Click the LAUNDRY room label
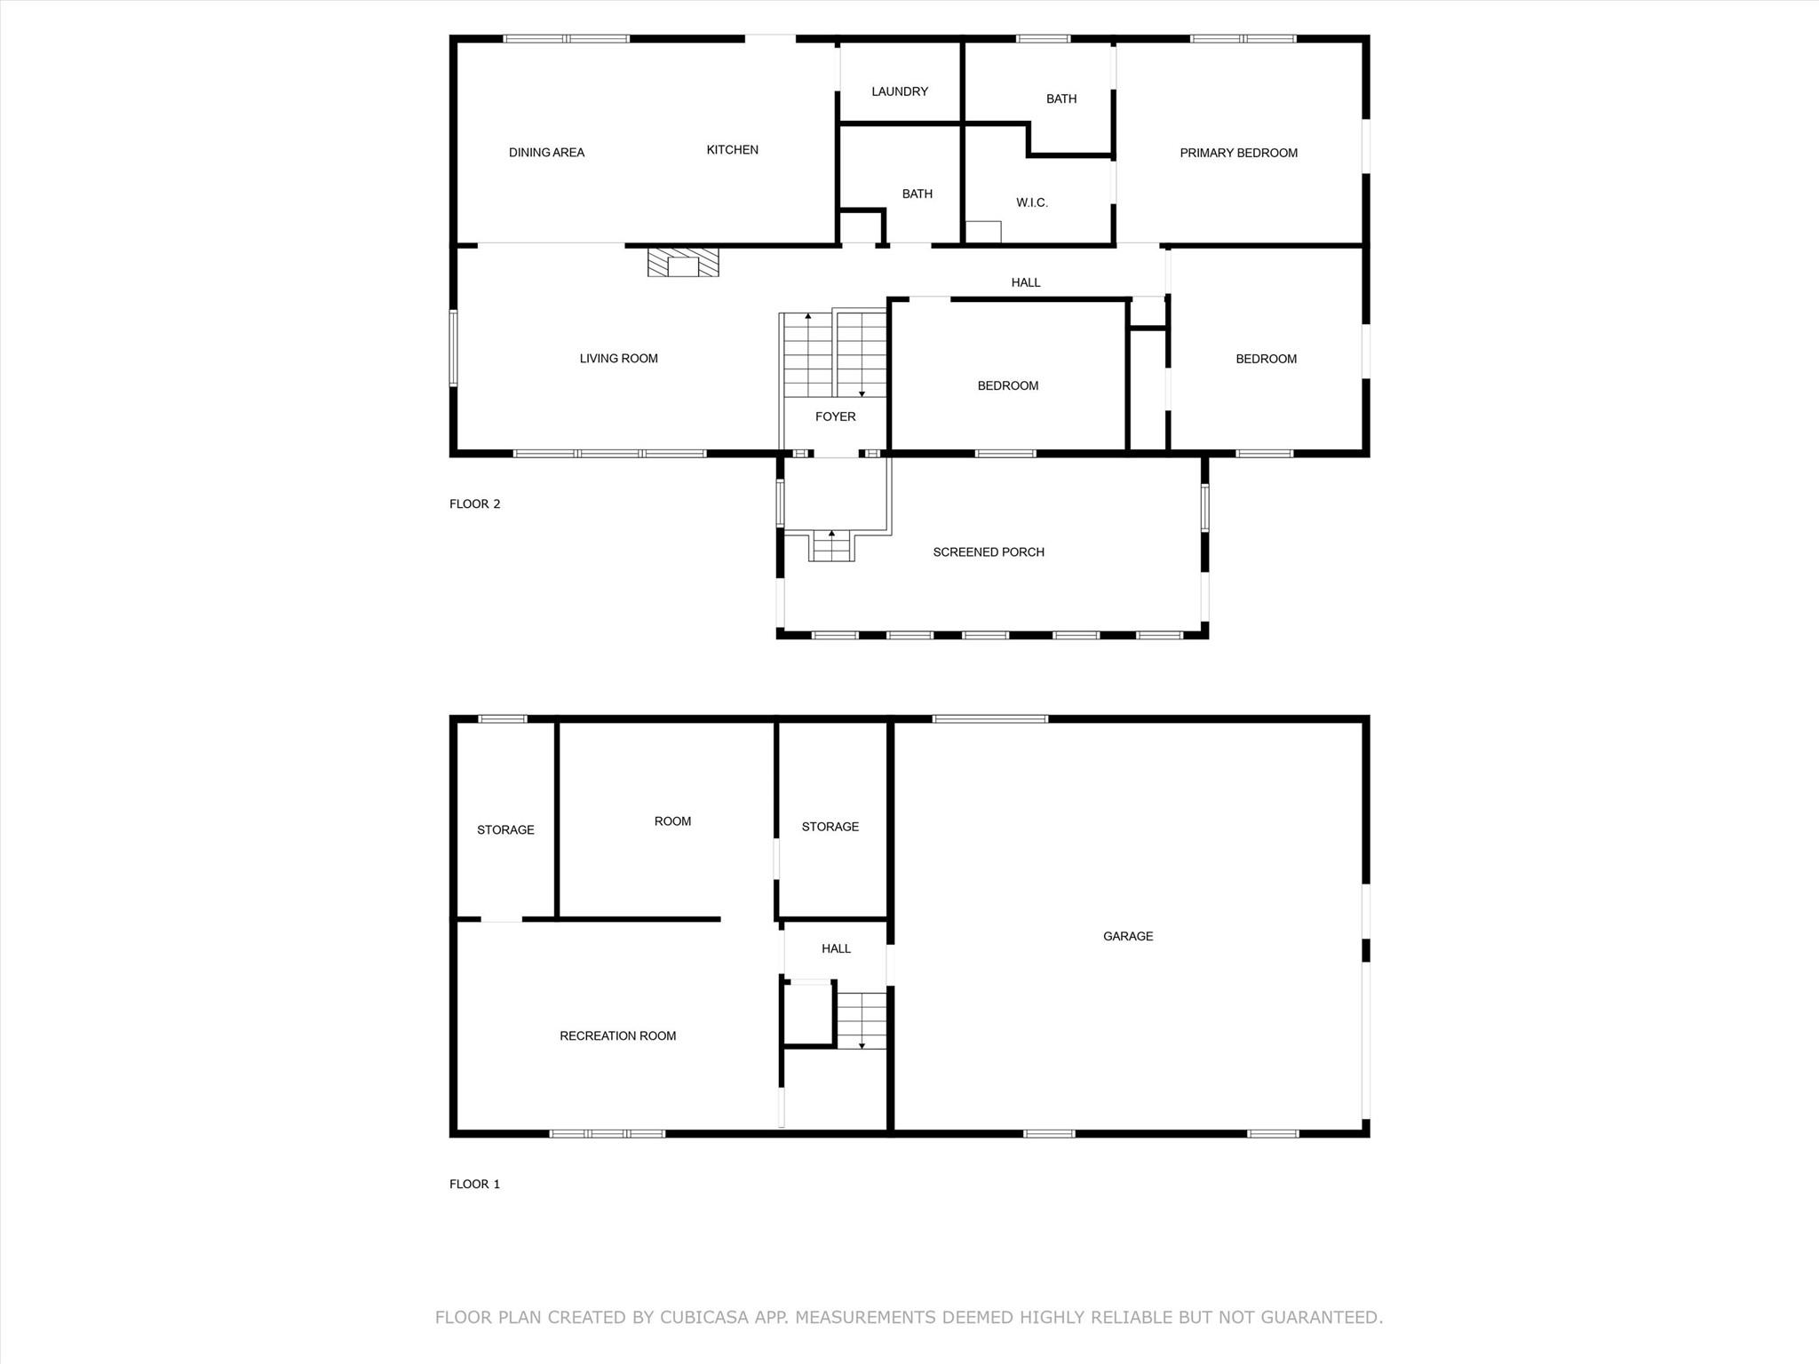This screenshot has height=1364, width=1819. point(899,91)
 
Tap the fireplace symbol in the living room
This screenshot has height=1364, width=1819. point(683,263)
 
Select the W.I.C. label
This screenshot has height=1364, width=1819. point(1031,202)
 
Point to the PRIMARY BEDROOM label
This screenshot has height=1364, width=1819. point(1238,153)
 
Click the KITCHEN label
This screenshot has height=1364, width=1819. point(732,150)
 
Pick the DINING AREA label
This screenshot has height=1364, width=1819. point(546,153)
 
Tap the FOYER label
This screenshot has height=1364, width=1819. point(835,416)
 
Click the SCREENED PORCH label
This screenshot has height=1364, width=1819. point(988,552)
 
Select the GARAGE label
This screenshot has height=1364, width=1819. point(1127,936)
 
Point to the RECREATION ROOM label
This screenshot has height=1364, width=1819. point(617,1035)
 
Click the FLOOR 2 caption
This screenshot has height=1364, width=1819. point(474,504)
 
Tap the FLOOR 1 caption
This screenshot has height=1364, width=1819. point(474,1184)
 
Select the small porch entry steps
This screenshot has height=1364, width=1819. point(832,546)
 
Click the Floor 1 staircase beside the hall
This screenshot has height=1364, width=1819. point(862,1020)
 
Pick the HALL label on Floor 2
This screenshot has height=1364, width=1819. point(1025,282)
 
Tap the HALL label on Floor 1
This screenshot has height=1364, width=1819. point(836,948)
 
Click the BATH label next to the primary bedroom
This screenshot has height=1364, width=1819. point(1060,99)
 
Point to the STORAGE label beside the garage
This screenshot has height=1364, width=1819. point(830,827)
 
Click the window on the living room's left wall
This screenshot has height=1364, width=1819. point(453,347)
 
